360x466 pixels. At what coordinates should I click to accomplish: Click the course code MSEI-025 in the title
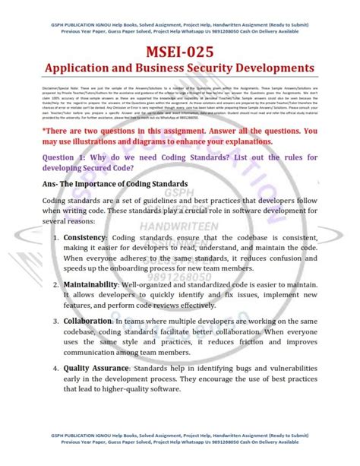(x=180, y=52)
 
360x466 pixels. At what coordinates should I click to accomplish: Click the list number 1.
(x=56, y=239)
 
